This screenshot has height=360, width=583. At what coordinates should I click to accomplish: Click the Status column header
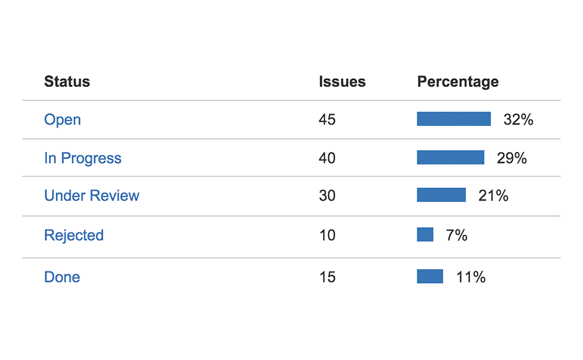[67, 82]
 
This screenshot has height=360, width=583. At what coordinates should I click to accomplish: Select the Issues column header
[342, 82]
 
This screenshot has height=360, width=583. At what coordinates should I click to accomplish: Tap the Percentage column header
[458, 82]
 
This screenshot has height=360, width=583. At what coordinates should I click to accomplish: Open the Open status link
[63, 120]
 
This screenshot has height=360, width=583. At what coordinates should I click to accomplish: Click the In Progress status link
[82, 158]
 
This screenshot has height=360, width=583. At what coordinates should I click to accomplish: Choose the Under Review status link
[92, 196]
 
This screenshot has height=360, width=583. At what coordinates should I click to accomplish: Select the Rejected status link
[74, 235]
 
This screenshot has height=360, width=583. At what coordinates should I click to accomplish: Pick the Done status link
[62, 277]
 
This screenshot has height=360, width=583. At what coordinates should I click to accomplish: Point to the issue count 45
[327, 120]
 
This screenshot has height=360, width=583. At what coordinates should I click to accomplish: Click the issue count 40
[327, 158]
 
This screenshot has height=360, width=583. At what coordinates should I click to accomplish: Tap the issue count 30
[327, 196]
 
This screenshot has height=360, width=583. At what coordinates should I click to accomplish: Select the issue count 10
[327, 235]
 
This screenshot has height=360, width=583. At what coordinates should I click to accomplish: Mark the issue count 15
[327, 277]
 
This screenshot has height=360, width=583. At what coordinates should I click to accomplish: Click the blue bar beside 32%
[453, 119]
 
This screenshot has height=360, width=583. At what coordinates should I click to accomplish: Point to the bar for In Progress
[450, 158]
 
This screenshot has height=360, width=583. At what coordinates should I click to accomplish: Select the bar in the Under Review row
[441, 196]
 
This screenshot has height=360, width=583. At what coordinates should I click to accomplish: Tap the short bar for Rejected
[425, 235]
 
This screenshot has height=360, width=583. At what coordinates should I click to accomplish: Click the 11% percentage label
[471, 277]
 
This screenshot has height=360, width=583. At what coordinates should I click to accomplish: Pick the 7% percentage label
[456, 235]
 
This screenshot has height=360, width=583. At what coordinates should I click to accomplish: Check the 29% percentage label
[512, 158]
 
